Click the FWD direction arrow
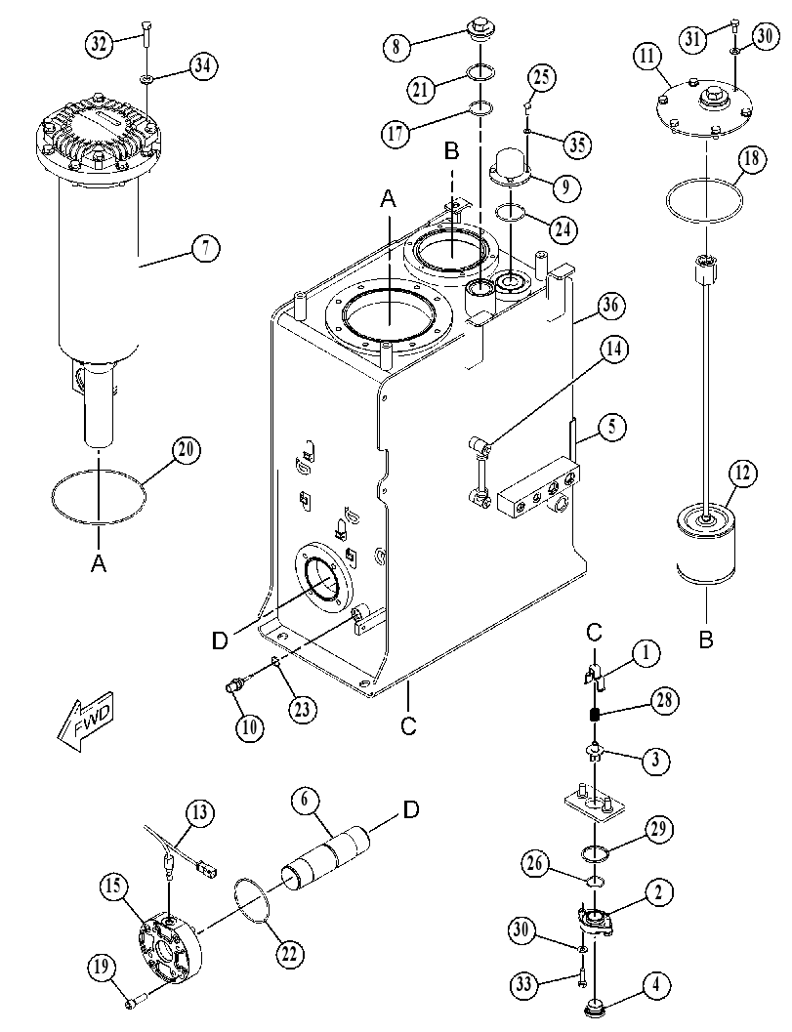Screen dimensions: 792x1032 [86, 720]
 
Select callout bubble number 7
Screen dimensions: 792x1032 [206, 249]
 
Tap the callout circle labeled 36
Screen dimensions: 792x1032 [610, 306]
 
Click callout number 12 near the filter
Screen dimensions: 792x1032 [742, 474]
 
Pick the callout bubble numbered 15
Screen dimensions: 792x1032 [114, 887]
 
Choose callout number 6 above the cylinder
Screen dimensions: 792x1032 [306, 801]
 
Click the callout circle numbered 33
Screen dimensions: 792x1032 [524, 985]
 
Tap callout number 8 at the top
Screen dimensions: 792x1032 [396, 47]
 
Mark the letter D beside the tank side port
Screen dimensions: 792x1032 [220, 640]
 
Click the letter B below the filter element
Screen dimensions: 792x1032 [706, 640]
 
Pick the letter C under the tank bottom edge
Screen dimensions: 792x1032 [409, 725]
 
